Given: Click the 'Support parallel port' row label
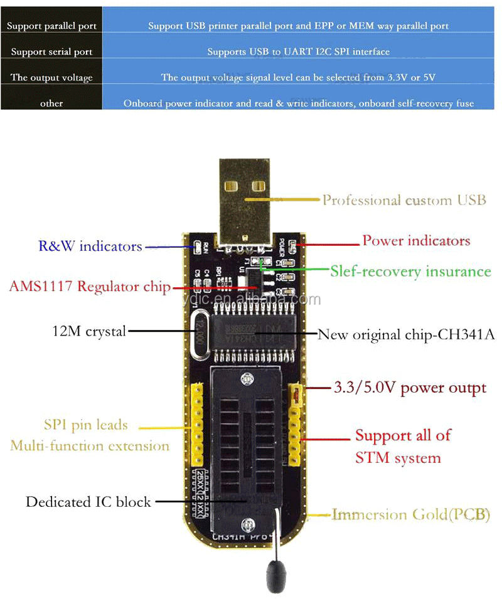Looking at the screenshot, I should tap(51, 26).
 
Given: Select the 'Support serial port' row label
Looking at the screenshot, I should tap(51, 52).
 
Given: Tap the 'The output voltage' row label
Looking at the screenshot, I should tap(51, 78).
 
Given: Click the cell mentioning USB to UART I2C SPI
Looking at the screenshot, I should tap(298, 52).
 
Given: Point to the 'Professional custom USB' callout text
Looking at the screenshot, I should tap(404, 200).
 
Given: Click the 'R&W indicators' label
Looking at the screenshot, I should tap(90, 246).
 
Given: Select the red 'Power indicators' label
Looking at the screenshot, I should tap(416, 241).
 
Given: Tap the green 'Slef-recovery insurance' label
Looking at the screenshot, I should tap(410, 272).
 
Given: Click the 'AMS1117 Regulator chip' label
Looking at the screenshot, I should tap(90, 287).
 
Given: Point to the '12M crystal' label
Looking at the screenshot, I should tap(88, 331).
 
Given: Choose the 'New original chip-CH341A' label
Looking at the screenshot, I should tap(407, 334).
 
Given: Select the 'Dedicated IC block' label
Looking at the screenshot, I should tap(88, 502).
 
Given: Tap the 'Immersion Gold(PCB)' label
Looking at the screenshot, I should tap(411, 515).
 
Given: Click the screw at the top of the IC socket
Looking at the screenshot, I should tap(250, 380).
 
